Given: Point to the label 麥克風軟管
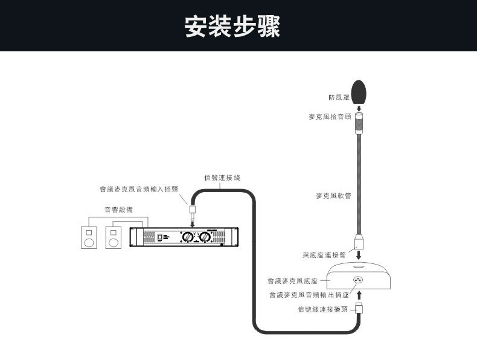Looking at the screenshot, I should pos(333,196).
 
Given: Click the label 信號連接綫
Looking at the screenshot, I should pos(222,178).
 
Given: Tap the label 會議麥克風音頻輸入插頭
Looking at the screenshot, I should pos(139,189).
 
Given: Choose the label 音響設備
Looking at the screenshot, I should pos(118,210).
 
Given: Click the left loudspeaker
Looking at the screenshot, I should pos(89,237).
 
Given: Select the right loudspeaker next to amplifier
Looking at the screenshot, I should pos(113,237).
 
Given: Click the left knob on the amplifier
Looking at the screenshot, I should pos(189,237).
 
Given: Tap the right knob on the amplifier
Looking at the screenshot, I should pos(205,237).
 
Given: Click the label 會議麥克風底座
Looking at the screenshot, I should pos(293,281).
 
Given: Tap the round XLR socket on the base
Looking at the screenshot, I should pos(359,280).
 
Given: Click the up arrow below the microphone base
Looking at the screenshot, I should pos(359,295).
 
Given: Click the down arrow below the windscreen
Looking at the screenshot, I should pos(359,108).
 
